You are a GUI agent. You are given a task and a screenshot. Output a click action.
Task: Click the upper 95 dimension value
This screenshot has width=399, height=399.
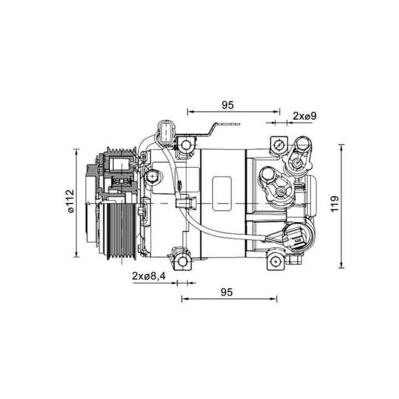coord(227,104)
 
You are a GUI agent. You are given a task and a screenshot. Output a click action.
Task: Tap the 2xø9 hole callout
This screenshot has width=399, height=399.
coord(304,116)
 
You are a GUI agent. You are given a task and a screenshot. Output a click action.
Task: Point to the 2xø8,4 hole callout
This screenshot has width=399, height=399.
coord(149,275)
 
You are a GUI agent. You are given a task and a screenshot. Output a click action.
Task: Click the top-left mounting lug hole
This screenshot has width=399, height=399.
coord(184,146)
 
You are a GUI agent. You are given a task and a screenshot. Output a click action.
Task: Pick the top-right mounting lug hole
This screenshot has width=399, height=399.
coord(279,146)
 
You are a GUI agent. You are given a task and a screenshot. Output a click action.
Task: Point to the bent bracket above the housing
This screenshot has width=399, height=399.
coord(213,129)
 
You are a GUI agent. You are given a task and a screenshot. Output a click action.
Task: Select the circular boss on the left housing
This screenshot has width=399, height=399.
coord(151,177)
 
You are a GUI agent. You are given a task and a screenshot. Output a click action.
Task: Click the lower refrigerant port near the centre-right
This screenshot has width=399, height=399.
coord(280,188)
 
